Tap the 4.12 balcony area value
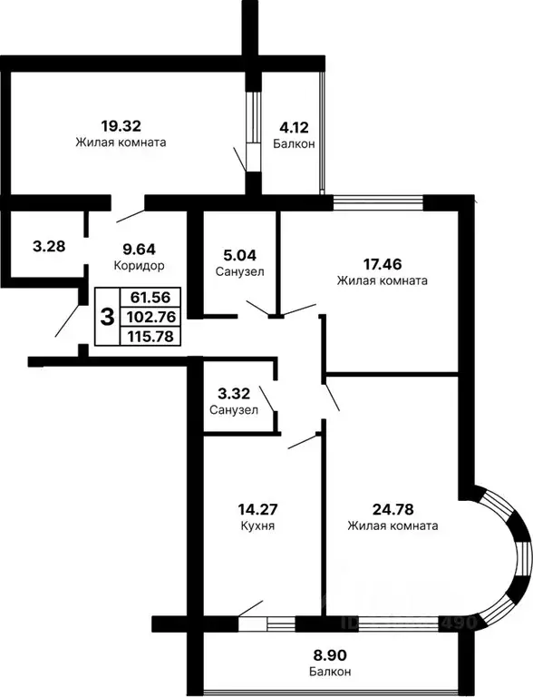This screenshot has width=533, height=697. point(293,130)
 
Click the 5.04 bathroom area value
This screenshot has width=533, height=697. point(240,256)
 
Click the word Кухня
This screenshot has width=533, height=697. point(258,525)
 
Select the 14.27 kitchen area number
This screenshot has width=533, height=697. point(258,509)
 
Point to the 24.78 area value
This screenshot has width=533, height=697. point(392,508)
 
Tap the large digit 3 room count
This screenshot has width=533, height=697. point(107,317)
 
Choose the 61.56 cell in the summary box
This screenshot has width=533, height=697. point(150,297)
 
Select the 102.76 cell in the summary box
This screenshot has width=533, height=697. point(150,316)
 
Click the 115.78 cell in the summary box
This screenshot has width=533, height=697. point(150,336)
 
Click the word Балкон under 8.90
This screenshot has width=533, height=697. point(326,672)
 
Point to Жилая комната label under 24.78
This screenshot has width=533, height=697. point(392,525)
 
